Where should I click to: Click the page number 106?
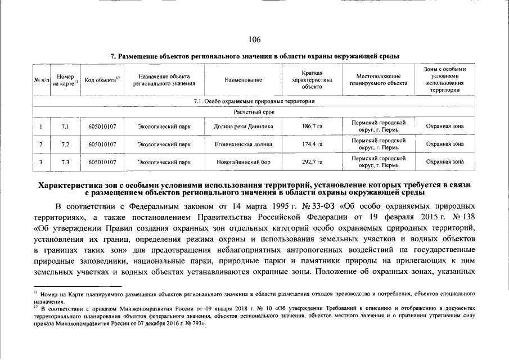[x=254, y=39]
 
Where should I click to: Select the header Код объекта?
[x=102, y=80]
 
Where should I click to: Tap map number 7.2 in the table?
[x=65, y=144]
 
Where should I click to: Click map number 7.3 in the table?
[x=65, y=162]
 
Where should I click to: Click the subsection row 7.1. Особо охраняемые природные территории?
[x=254, y=101]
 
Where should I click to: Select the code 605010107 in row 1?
[x=102, y=127]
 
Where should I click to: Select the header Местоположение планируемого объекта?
[x=378, y=80]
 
